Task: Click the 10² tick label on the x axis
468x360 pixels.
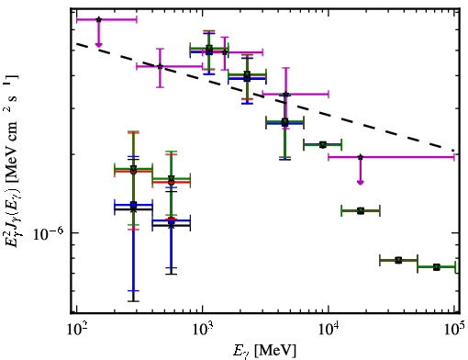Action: point(76,331)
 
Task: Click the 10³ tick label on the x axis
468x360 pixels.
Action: point(203,331)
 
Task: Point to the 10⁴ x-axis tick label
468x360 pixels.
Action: point(329,331)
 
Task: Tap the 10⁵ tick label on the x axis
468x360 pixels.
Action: point(455,331)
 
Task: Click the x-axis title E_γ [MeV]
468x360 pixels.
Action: point(264,350)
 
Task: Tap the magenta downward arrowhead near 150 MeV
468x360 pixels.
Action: point(98,45)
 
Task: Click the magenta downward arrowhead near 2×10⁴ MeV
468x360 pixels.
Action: point(361,183)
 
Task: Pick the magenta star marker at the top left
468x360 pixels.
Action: point(98,19)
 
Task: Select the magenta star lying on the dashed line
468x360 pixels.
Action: point(160,66)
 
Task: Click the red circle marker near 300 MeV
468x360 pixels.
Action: point(133,172)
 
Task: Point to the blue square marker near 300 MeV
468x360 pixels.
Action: point(133,205)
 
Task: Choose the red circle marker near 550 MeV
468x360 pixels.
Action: point(172,182)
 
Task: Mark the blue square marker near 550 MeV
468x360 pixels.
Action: point(172,220)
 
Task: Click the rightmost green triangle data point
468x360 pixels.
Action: point(437,267)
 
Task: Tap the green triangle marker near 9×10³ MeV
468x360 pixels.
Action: point(322,144)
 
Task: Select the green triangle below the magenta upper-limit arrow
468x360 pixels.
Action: point(361,210)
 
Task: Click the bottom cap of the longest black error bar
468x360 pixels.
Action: point(133,301)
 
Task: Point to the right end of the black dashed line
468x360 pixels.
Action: point(453,151)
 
